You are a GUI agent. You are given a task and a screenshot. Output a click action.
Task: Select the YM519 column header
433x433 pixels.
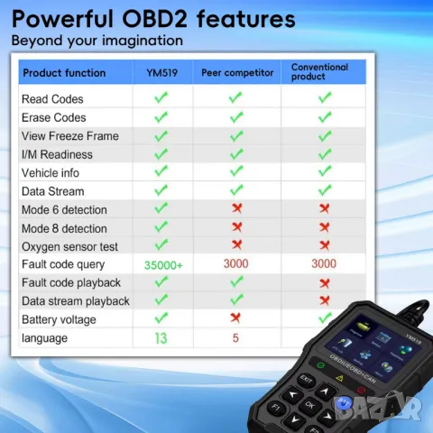(160, 73)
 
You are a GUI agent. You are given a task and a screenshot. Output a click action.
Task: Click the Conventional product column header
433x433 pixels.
(321, 72)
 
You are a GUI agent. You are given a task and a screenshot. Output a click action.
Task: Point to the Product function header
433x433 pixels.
(64, 73)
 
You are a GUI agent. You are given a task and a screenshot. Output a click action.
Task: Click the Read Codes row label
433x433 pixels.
(52, 99)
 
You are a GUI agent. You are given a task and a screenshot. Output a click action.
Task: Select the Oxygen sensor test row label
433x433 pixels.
(69, 246)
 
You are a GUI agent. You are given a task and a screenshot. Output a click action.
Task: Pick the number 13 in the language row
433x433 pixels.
(161, 338)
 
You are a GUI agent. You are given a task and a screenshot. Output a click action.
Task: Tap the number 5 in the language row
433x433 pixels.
(235, 338)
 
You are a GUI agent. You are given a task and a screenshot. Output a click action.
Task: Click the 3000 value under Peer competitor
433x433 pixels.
(235, 264)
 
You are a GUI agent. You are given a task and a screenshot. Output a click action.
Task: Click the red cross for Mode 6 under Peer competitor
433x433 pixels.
(235, 209)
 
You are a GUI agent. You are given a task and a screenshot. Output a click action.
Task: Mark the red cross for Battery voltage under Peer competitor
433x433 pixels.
(235, 318)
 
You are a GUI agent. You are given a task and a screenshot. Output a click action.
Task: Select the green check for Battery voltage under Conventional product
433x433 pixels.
(324, 318)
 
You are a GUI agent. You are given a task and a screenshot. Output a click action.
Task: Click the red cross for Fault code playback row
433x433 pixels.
(324, 282)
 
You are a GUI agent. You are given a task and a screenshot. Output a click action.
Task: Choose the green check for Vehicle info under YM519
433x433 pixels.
(161, 172)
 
